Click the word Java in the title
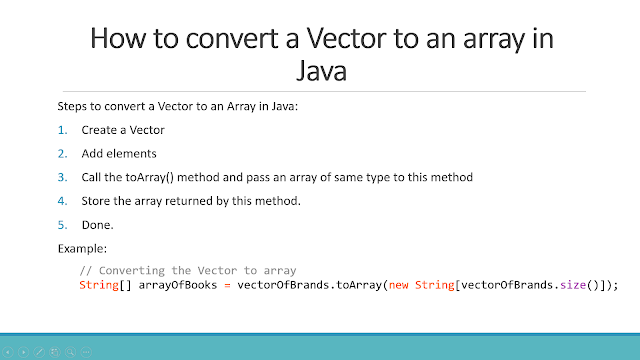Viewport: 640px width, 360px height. pos(321,71)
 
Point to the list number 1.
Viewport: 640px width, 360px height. pos(62,129)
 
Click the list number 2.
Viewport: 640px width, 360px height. pos(62,153)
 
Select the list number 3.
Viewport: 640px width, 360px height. pos(62,177)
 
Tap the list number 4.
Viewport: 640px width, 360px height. pos(62,201)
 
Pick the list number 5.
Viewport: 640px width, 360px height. pos(62,225)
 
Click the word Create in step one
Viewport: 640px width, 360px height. pos(100,129)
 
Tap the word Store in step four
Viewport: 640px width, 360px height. pos(98,201)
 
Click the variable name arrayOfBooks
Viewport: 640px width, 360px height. pos(171,285)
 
